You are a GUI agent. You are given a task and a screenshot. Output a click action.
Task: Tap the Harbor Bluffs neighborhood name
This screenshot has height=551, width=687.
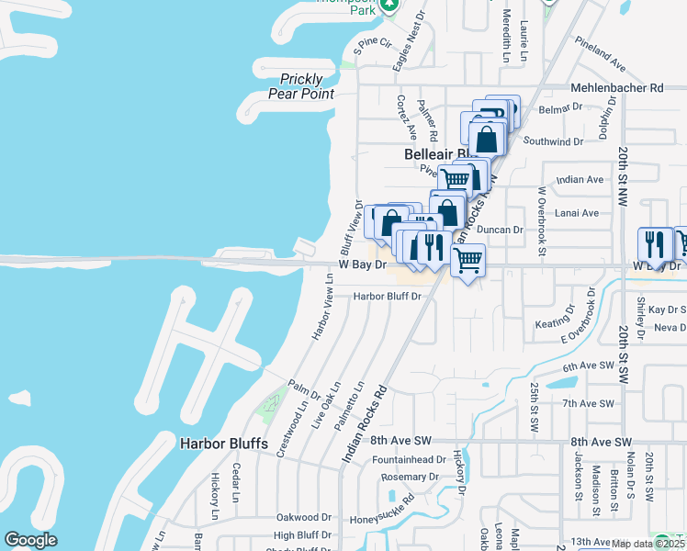(x=224, y=444)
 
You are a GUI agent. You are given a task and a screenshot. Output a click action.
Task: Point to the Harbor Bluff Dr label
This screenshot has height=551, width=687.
(x=387, y=297)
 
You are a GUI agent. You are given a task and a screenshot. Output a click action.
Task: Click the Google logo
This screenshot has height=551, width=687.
(x=30, y=540)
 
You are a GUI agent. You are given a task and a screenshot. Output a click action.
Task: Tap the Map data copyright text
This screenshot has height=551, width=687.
(x=648, y=544)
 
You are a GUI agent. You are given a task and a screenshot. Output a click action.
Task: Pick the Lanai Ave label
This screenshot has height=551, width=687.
(x=579, y=213)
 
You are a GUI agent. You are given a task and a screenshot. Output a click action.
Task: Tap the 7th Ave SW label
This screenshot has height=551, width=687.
(x=587, y=403)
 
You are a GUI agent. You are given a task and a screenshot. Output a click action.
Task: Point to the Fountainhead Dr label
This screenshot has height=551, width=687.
(x=409, y=459)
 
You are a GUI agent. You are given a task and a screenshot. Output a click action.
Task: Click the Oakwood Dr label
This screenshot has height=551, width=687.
(x=303, y=517)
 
